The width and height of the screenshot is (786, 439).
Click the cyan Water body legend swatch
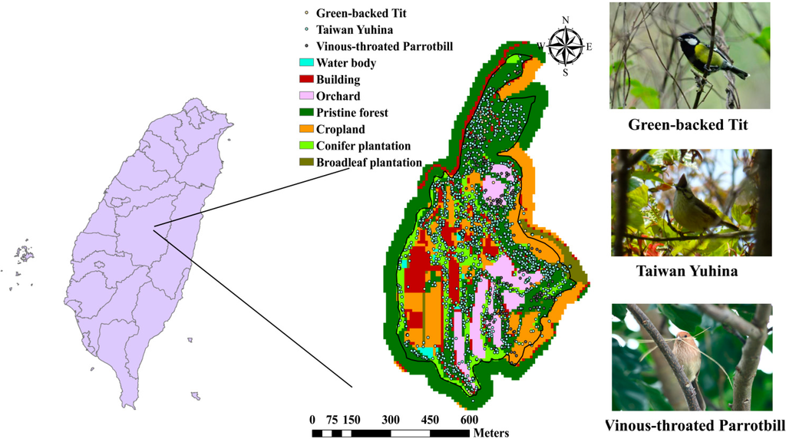coord(305,63)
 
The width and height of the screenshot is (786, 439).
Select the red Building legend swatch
coord(305,79)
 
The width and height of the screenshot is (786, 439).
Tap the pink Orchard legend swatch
coord(305,96)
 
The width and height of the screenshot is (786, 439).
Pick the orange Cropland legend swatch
coord(305,130)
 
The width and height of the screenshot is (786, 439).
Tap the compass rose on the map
coord(566,47)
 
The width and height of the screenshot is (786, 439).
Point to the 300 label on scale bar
coord(391,420)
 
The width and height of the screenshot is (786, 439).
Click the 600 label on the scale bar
coord(469,420)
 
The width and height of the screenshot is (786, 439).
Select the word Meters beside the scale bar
coord(491,433)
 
